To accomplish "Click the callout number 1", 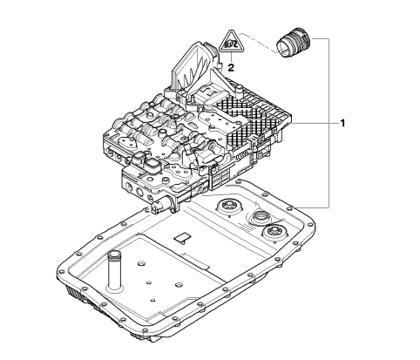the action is pos(342,123).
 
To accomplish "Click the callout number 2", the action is pos(231,68).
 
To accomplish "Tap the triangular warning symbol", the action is pos(231,41).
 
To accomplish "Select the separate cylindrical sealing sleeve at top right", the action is pos(293,43).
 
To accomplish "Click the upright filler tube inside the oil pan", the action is pos(114,270).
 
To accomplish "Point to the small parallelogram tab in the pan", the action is pos(182,237).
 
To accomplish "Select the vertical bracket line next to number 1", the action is pos(329,123).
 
